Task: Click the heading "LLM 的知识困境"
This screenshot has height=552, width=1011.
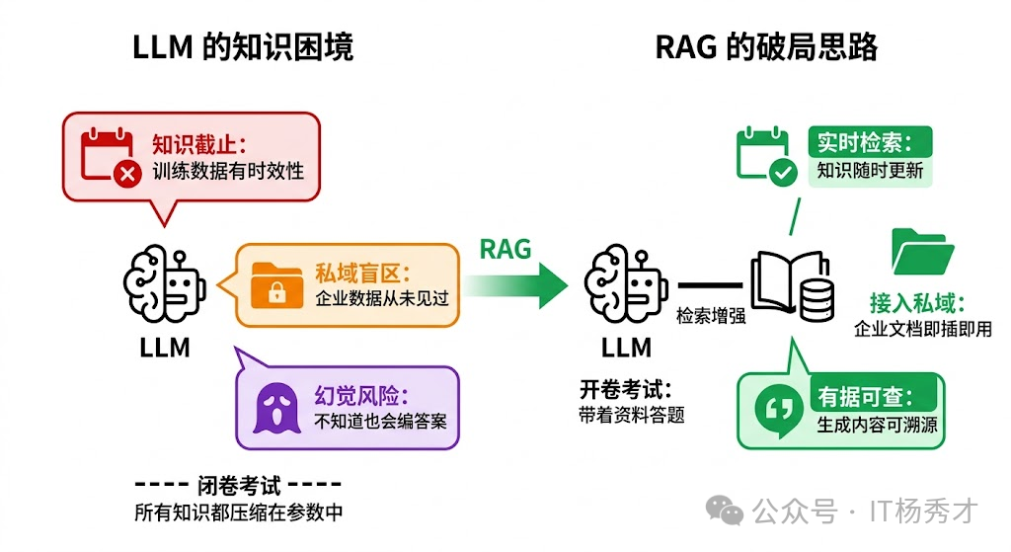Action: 242,47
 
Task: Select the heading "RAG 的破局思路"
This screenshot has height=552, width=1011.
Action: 766,47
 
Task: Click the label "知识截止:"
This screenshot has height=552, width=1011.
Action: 197,144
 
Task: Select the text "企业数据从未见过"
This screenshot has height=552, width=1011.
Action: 382,297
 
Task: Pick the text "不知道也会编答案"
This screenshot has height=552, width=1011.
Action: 380,421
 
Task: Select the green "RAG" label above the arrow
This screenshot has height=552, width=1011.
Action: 505,249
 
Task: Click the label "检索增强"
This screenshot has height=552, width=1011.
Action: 711,316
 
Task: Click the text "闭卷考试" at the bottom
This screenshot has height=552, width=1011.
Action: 237,485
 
